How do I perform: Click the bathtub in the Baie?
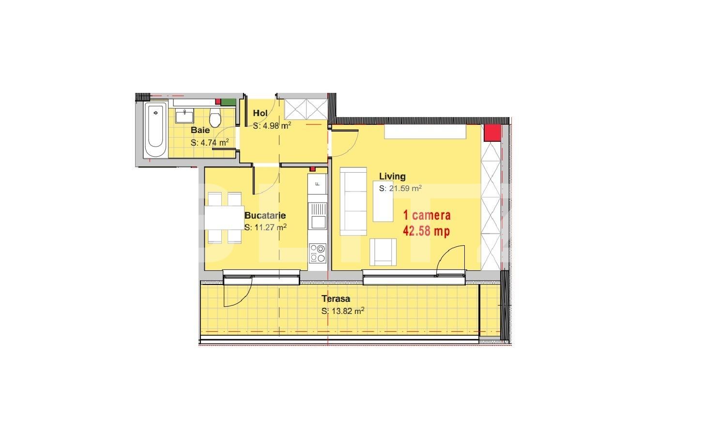[155, 130]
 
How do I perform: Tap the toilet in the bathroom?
[215, 118]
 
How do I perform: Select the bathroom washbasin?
[184, 116]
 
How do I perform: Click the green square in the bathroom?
[229, 102]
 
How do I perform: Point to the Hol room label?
[260, 113]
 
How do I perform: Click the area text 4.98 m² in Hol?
[272, 126]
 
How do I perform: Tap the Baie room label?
[200, 130]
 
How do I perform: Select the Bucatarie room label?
[265, 215]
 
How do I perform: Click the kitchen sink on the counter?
[318, 215]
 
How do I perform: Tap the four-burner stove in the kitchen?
[318, 253]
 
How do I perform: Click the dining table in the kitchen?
[224, 218]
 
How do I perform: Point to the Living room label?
[392, 176]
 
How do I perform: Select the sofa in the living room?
[353, 201]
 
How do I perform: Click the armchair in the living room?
[383, 252]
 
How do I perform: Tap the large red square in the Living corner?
[492, 133]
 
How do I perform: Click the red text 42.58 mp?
[427, 231]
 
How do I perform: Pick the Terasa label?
[336, 298]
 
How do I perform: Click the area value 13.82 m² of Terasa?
[343, 311]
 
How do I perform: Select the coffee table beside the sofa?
[383, 201]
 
